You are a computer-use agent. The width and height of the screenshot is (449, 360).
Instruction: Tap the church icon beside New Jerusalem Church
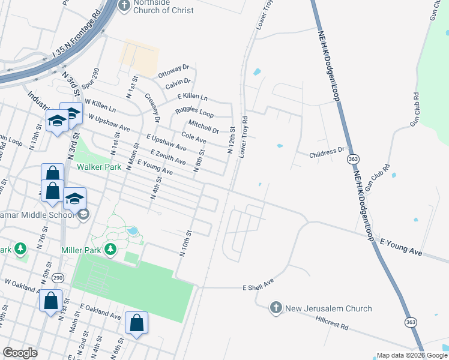click(276, 308)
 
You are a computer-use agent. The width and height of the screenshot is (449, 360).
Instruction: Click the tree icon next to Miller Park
click(110, 248)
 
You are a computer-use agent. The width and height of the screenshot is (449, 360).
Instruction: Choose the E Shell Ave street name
click(258, 284)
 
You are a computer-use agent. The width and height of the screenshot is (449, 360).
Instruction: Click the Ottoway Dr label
click(173, 71)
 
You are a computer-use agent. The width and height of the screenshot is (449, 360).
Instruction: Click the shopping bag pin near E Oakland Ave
click(137, 323)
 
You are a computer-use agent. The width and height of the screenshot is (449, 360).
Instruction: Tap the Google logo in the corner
click(20, 352)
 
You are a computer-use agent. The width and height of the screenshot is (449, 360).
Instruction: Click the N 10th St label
click(185, 243)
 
